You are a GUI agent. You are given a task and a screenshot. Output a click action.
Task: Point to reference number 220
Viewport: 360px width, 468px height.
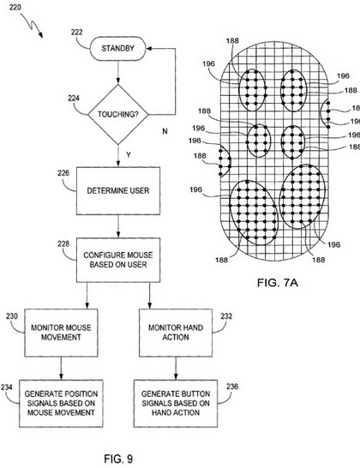tap(15, 7)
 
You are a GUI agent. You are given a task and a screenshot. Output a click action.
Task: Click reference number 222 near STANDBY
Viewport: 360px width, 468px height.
tap(77, 32)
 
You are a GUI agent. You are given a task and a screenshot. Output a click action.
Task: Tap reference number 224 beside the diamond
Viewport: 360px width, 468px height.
tap(74, 98)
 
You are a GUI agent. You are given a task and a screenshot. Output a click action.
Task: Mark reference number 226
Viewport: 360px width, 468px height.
tap(63, 173)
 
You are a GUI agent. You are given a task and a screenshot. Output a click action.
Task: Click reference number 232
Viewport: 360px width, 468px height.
tap(226, 316)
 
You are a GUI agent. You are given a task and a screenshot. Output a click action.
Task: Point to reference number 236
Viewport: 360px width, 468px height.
tap(232, 387)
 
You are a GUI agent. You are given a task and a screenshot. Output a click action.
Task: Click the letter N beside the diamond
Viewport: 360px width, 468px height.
tap(165, 131)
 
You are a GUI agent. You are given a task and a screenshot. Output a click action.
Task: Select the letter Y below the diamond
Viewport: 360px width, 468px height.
tap(129, 155)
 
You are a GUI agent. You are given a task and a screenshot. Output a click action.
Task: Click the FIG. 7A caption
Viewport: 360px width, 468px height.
tap(278, 282)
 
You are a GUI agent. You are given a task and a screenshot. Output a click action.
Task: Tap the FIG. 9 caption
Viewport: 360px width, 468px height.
tap(118, 459)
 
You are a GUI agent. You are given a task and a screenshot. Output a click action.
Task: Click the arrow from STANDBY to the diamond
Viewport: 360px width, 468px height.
tap(118, 73)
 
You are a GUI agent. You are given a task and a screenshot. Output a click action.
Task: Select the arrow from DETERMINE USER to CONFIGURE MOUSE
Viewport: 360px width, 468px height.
tap(118, 226)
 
